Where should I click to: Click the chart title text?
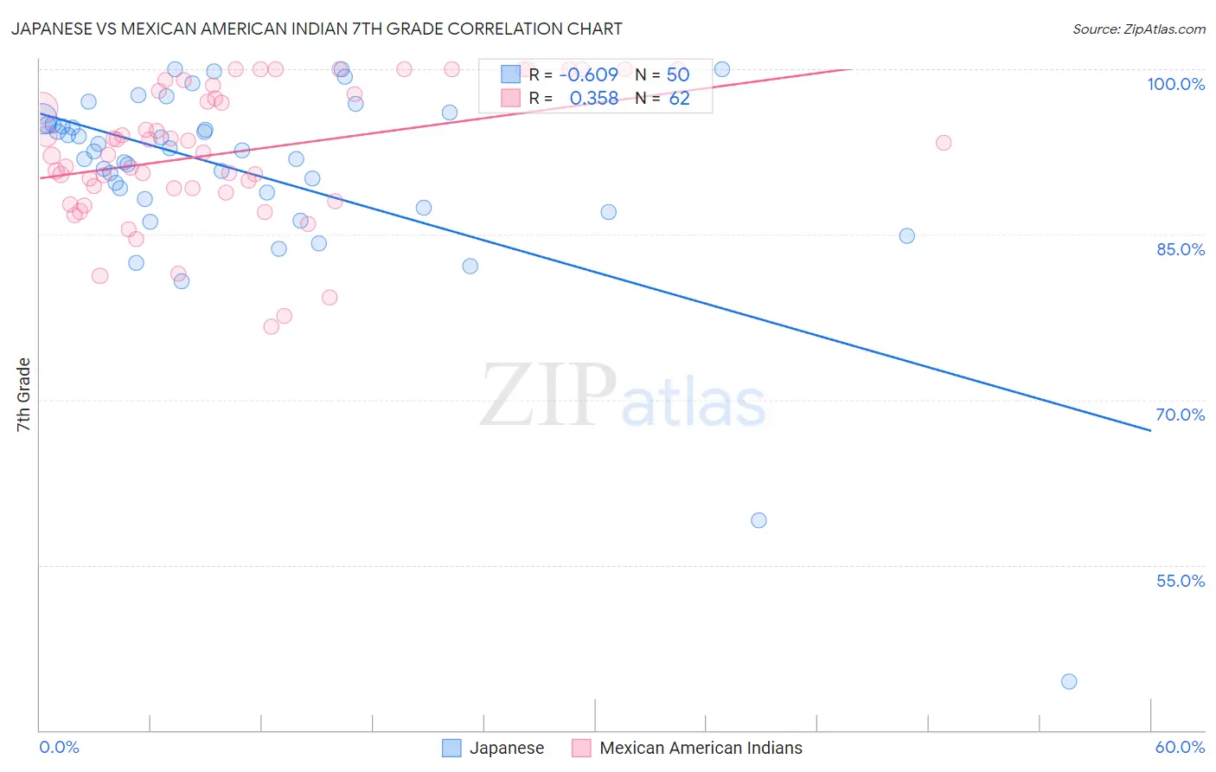click(317, 29)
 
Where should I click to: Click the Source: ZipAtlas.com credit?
click(1138, 29)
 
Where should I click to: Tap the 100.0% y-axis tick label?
click(1175, 84)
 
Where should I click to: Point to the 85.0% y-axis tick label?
click(1180, 249)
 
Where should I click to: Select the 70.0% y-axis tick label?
click(1180, 415)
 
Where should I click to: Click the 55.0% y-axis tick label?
click(1180, 581)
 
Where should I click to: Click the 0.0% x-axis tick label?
click(59, 747)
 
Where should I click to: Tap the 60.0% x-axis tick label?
click(1180, 747)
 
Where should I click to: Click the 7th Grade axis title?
click(23, 395)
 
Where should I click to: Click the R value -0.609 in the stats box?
click(589, 75)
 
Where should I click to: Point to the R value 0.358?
click(594, 99)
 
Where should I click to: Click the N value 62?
click(680, 99)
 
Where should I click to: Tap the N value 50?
click(678, 75)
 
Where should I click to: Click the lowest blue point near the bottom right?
click(1069, 681)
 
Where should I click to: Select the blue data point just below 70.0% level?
click(758, 520)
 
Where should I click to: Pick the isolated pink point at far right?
click(944, 143)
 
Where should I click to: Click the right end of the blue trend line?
click(1150, 430)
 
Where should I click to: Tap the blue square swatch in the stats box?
click(511, 74)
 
